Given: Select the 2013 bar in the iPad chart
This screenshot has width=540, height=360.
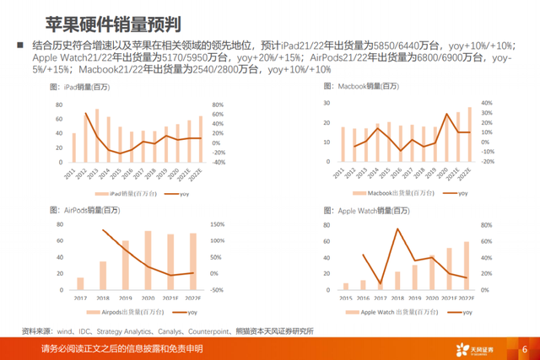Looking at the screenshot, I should click(x=96, y=136).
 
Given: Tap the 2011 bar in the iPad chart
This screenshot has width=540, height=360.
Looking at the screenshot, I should click(x=73, y=148).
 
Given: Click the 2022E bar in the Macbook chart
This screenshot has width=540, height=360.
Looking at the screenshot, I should click(x=470, y=135).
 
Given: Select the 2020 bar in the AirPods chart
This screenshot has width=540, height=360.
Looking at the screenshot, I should click(x=148, y=261).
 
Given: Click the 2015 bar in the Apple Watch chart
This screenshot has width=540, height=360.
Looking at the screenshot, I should click(x=345, y=286).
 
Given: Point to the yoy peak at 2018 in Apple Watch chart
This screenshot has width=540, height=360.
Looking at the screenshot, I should click(x=397, y=228).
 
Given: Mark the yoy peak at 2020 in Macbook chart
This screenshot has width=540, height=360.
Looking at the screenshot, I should click(x=447, y=114).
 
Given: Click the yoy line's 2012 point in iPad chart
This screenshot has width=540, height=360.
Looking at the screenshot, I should click(x=85, y=113).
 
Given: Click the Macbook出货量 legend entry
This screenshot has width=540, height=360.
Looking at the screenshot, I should click(x=395, y=194).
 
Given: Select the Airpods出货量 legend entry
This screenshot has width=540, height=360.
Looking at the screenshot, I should click(x=125, y=311).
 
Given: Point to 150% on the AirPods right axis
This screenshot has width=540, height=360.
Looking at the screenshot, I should click(x=216, y=224).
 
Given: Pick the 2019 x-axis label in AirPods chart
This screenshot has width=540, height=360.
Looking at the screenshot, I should click(x=126, y=297).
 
